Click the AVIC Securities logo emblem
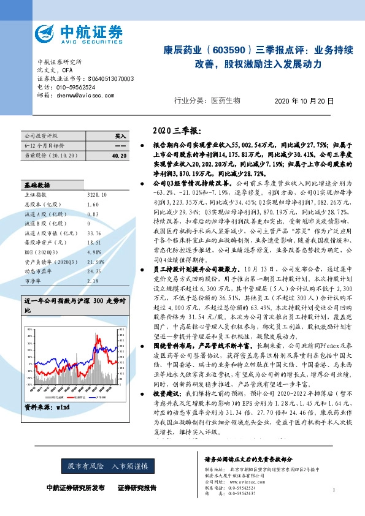46,32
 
